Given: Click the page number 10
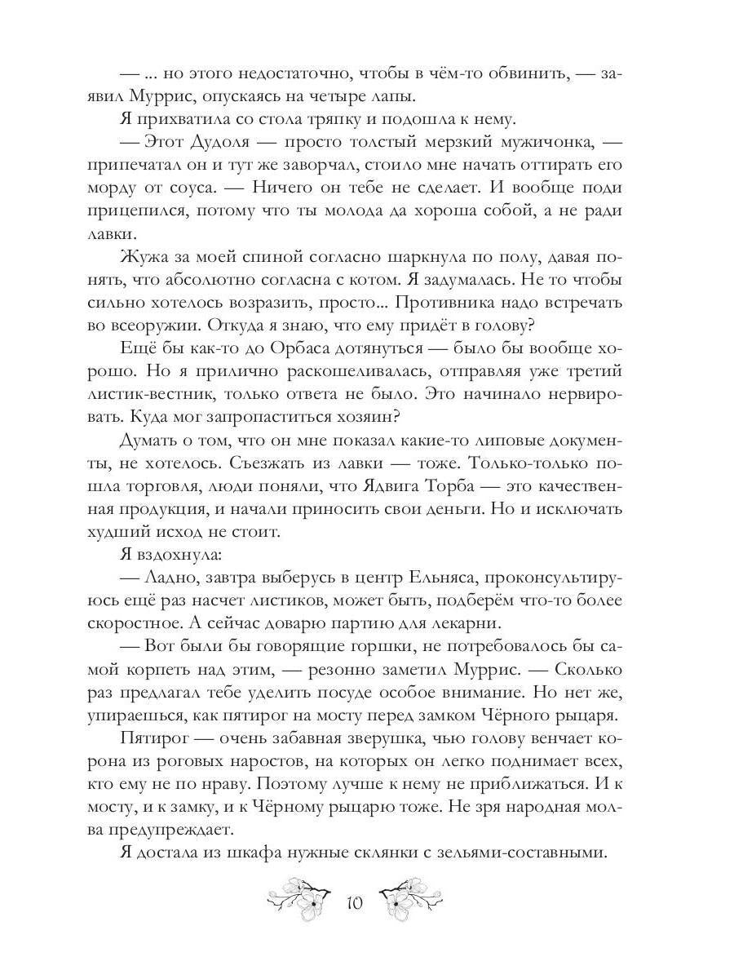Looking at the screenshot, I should [354, 904].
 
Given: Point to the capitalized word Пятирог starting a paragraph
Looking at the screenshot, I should [153, 738].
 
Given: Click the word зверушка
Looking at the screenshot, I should [381, 738].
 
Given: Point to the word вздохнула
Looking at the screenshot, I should [176, 556].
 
